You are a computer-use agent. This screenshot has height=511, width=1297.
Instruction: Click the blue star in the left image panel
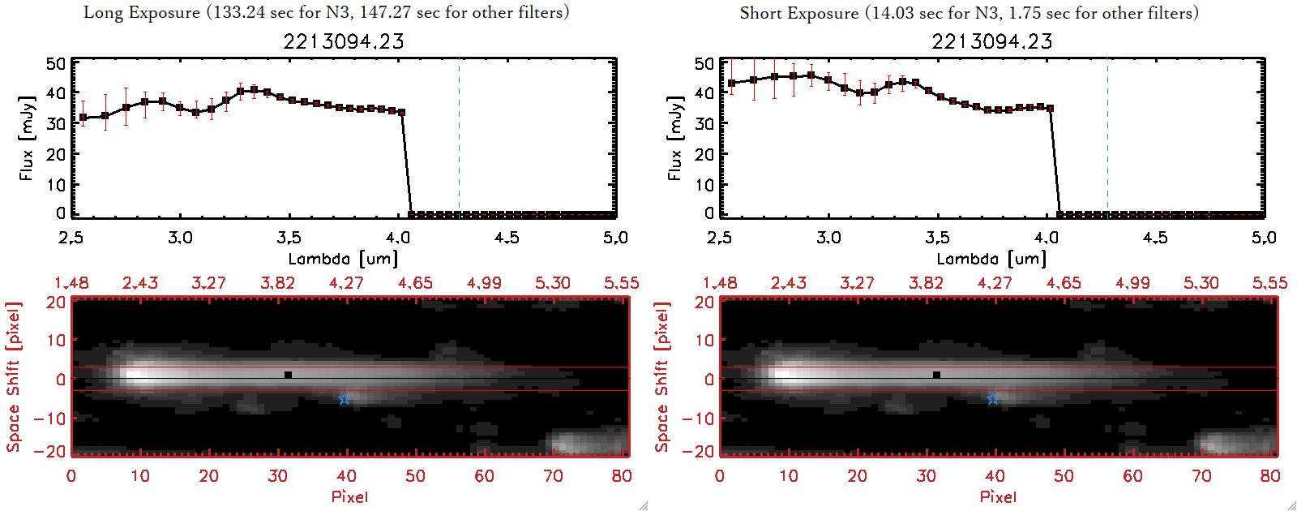pyautogui.click(x=345, y=398)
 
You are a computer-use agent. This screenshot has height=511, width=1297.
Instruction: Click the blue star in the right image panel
pyautogui.click(x=993, y=398)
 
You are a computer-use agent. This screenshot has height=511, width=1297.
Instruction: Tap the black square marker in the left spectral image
pyautogui.click(x=288, y=375)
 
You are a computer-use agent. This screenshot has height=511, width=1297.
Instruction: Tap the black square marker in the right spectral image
pyautogui.click(x=936, y=375)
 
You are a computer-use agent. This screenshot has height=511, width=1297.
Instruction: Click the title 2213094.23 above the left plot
pyautogui.click(x=344, y=41)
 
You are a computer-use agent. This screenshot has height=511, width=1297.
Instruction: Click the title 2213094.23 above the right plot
pyautogui.click(x=992, y=41)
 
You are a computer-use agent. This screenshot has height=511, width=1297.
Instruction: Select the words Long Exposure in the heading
pyautogui.click(x=142, y=12)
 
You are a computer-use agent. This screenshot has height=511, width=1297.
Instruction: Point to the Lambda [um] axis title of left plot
pyautogui.click(x=344, y=259)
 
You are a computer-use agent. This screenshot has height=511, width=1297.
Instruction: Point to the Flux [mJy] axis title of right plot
pyautogui.click(x=675, y=138)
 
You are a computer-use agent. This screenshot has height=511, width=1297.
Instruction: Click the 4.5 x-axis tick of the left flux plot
pyautogui.click(x=507, y=238)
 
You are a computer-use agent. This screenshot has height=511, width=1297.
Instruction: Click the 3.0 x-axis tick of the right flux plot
pyautogui.click(x=828, y=238)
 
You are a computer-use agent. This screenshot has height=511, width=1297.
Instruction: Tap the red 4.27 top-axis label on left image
pyautogui.click(x=346, y=283)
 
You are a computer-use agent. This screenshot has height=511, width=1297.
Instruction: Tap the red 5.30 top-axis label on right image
pyautogui.click(x=1201, y=283)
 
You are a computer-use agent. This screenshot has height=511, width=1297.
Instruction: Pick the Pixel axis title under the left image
pyautogui.click(x=349, y=496)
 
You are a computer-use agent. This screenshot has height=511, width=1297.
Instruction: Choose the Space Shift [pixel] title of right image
pyautogui.click(x=662, y=376)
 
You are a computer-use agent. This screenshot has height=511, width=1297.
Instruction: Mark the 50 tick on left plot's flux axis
pyautogui.click(x=56, y=64)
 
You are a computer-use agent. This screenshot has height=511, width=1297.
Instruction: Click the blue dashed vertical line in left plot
pyautogui.click(x=460, y=138)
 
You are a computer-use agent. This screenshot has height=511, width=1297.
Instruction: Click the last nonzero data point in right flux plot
pyautogui.click(x=1051, y=108)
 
